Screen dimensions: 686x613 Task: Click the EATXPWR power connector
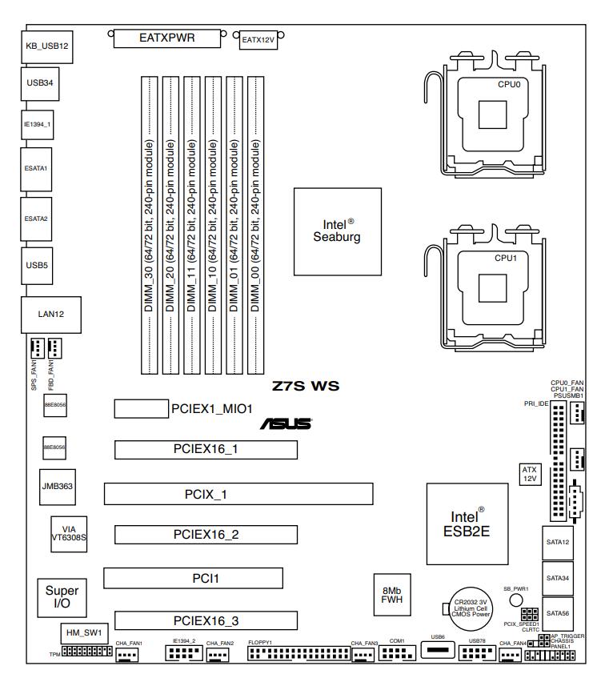pyautogui.click(x=167, y=38)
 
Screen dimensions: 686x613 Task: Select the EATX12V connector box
pyautogui.click(x=258, y=40)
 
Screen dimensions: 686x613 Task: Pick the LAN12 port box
pyautogui.click(x=50, y=315)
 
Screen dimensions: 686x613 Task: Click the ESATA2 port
pyautogui.click(x=36, y=219)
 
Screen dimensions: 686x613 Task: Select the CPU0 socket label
pyautogui.click(x=509, y=83)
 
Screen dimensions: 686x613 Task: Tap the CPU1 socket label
pyautogui.click(x=506, y=258)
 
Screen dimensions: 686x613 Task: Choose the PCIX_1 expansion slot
pyautogui.click(x=238, y=494)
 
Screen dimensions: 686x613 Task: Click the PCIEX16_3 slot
pyautogui.click(x=206, y=620)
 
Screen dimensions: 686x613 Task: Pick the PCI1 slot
pyautogui.click(x=193, y=578)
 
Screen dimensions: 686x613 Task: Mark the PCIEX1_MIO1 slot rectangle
pyautogui.click(x=140, y=408)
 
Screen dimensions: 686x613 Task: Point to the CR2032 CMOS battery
pyautogui.click(x=470, y=608)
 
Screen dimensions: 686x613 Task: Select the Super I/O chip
pyautogui.click(x=62, y=596)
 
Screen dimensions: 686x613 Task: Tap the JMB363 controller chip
pyautogui.click(x=58, y=486)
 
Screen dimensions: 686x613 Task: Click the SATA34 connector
pyautogui.click(x=558, y=578)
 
